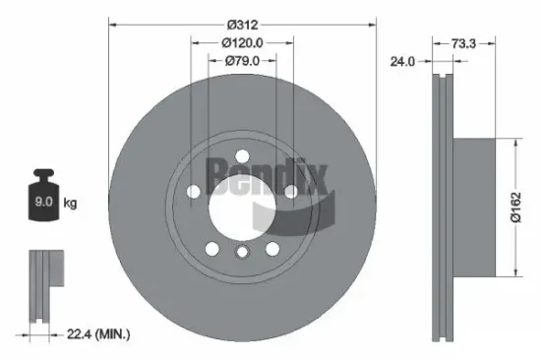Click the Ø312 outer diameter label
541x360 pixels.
tap(242, 22)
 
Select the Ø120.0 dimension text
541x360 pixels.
tap(242, 42)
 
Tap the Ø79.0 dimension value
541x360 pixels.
tap(242, 61)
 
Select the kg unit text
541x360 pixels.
tap(71, 205)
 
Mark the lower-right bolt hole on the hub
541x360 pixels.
tap(272, 247)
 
